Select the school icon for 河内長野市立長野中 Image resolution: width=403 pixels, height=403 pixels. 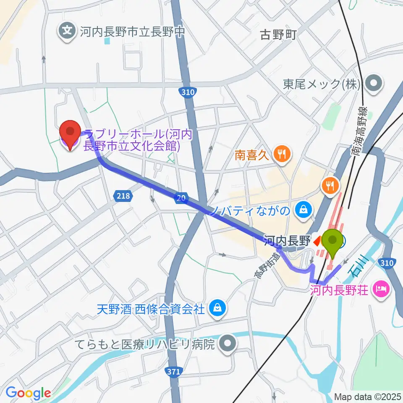(x=67, y=31)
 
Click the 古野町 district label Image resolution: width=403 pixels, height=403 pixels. (x=278, y=34)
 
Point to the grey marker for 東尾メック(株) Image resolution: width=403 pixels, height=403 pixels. (x=373, y=84)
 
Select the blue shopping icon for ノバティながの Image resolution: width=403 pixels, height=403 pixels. (x=302, y=209)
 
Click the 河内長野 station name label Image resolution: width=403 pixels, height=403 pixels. (x=287, y=241)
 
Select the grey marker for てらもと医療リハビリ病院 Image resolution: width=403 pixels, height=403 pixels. (x=228, y=345)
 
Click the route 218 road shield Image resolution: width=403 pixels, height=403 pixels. (x=123, y=195)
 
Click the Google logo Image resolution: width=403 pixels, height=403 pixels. (x=28, y=393)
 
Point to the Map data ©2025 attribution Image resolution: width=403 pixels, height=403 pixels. (x=368, y=396)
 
